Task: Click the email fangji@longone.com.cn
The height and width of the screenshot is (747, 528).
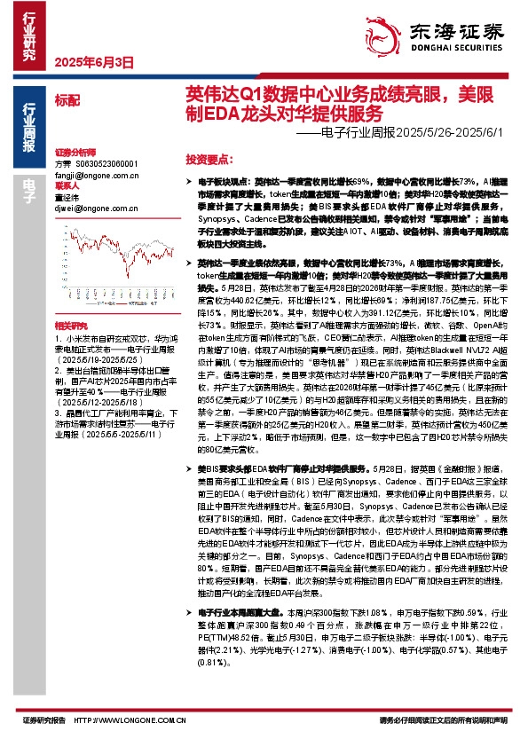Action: (94, 177)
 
